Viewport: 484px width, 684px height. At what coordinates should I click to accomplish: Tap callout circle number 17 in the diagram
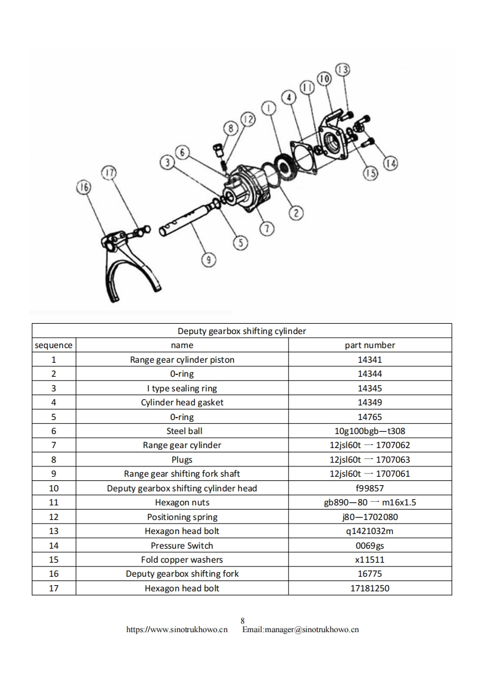(108, 174)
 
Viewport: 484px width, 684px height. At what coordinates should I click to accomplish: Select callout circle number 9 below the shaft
(209, 260)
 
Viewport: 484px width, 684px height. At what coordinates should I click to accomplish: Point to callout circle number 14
(391, 163)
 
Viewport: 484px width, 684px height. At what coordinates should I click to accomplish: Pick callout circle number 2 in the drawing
(295, 212)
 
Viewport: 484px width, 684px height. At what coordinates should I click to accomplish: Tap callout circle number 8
(230, 129)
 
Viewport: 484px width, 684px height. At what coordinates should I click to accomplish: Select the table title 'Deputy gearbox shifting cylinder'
(242, 331)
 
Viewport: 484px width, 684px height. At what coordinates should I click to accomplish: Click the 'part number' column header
(370, 345)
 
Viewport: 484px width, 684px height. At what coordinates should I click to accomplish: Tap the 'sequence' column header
(54, 345)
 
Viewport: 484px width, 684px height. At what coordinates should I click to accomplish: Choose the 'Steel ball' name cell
(182, 431)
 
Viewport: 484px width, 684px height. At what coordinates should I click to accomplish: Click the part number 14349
(370, 402)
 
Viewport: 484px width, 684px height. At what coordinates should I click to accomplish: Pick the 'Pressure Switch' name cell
(182, 546)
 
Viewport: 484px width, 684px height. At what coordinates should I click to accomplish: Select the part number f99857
(370, 488)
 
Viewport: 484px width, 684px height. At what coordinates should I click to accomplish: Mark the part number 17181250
(370, 588)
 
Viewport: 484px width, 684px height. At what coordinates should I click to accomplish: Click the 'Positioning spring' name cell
(182, 517)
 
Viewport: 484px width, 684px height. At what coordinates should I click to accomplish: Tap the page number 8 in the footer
(242, 621)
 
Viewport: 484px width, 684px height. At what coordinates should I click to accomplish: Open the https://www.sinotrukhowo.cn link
(177, 630)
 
